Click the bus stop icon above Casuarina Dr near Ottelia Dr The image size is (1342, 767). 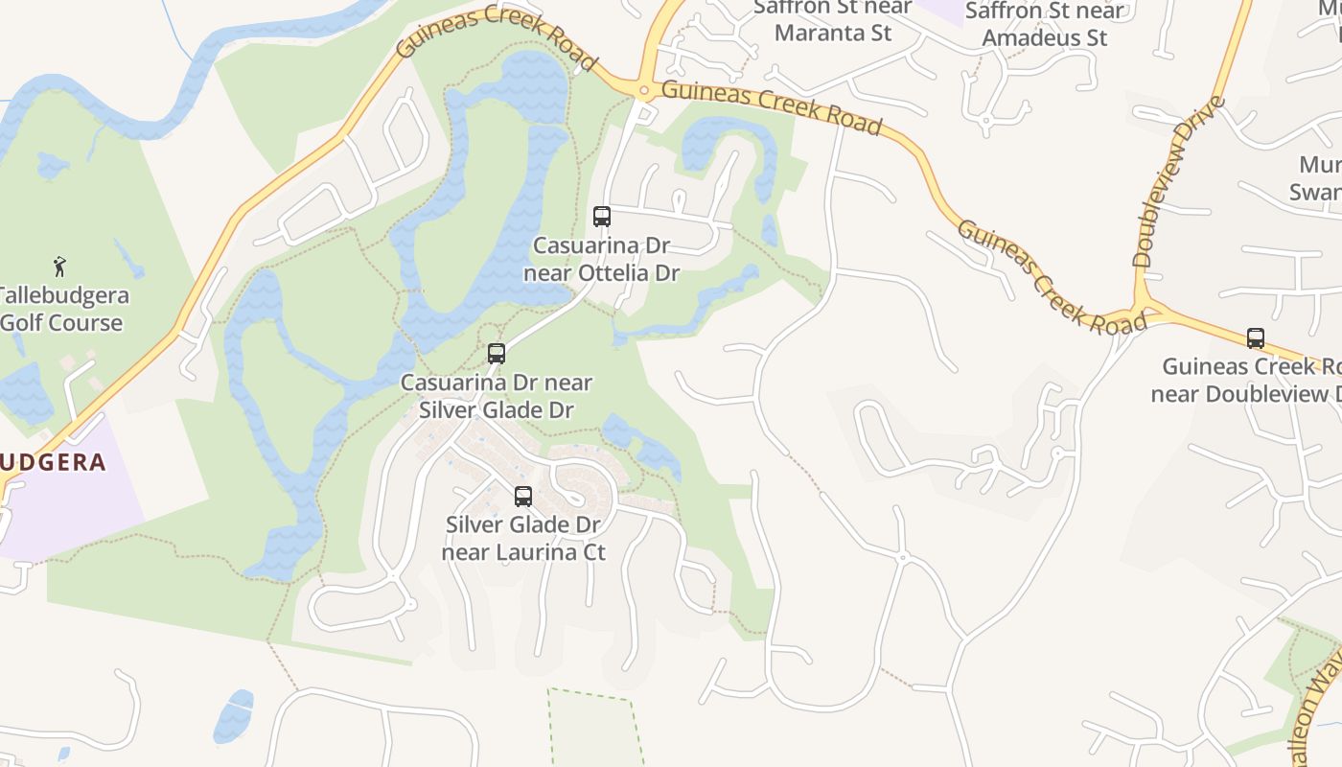point(602,217)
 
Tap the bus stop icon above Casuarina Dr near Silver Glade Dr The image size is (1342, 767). point(497,354)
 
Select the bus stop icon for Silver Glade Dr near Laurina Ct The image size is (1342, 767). point(523,497)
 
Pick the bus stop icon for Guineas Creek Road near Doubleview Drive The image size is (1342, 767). point(1256,337)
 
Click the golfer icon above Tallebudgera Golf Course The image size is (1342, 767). point(60,266)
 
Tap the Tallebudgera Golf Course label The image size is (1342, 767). point(61,309)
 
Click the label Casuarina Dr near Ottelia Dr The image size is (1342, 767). point(602,259)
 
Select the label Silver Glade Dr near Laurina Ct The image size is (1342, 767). point(523,538)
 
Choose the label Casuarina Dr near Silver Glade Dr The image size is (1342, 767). point(497,396)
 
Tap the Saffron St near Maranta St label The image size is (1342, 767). point(833,20)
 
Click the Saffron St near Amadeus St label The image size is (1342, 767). point(1044,24)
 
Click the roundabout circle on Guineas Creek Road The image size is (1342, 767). point(644,92)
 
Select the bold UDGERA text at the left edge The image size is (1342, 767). point(52,462)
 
